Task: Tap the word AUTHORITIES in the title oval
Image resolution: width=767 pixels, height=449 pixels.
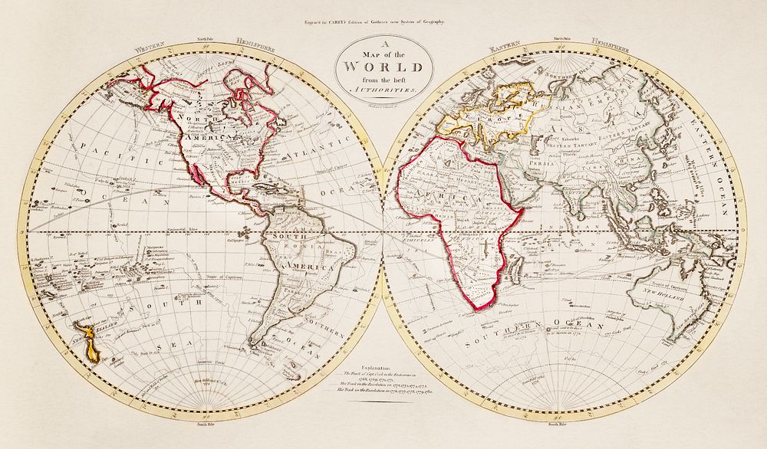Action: coord(382,90)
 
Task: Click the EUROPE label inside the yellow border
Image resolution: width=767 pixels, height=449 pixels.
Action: coord(502,120)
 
